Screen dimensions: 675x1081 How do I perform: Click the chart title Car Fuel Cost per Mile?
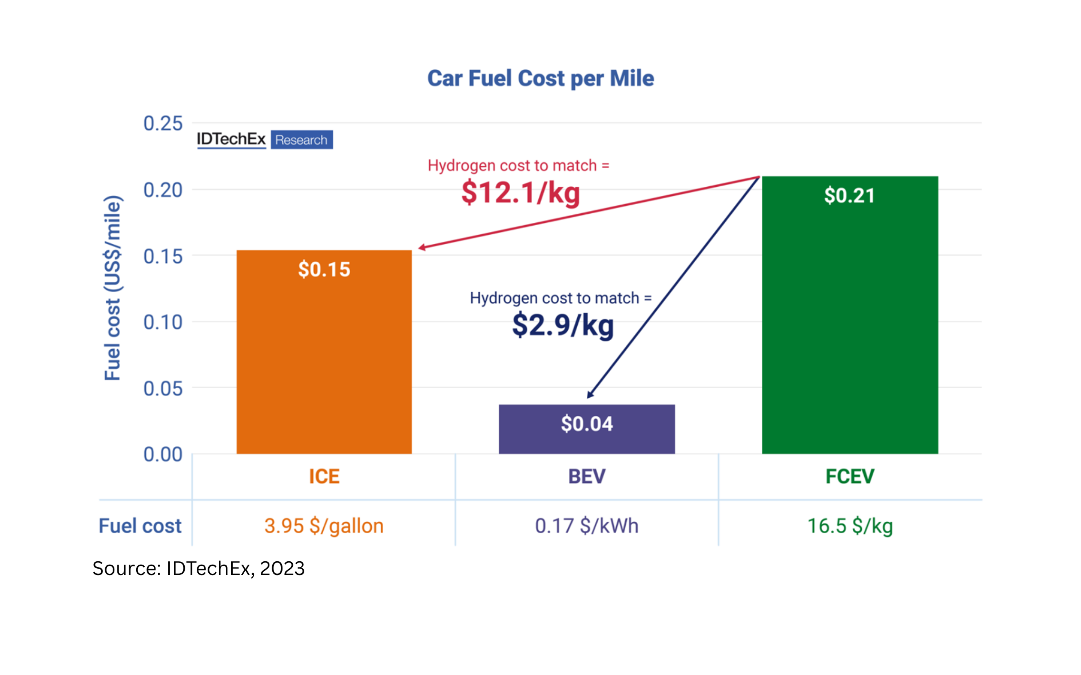click(x=540, y=78)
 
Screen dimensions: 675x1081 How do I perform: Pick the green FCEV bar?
click(x=849, y=331)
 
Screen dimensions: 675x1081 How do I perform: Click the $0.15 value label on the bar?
click(x=324, y=269)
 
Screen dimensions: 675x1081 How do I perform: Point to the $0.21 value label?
click(x=849, y=195)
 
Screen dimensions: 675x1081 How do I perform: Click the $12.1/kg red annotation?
click(x=520, y=192)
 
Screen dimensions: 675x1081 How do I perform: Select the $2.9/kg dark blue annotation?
click(x=563, y=325)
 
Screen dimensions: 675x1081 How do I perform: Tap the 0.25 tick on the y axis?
click(x=163, y=123)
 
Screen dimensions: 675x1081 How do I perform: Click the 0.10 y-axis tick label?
click(x=163, y=322)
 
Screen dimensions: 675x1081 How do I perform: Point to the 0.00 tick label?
click(x=163, y=454)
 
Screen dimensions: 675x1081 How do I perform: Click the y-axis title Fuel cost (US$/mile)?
click(x=113, y=288)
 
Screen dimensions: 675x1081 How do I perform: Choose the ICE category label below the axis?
click(x=324, y=476)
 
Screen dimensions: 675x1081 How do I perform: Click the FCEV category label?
click(x=849, y=476)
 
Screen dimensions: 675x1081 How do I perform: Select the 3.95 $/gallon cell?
click(x=324, y=526)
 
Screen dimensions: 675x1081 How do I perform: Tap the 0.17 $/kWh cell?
click(x=586, y=526)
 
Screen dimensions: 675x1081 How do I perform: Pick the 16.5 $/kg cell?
click(x=849, y=526)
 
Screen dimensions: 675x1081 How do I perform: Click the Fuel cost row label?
click(x=140, y=526)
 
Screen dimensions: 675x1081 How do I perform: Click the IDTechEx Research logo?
click(x=264, y=139)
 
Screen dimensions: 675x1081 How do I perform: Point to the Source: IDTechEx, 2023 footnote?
click(x=198, y=568)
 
